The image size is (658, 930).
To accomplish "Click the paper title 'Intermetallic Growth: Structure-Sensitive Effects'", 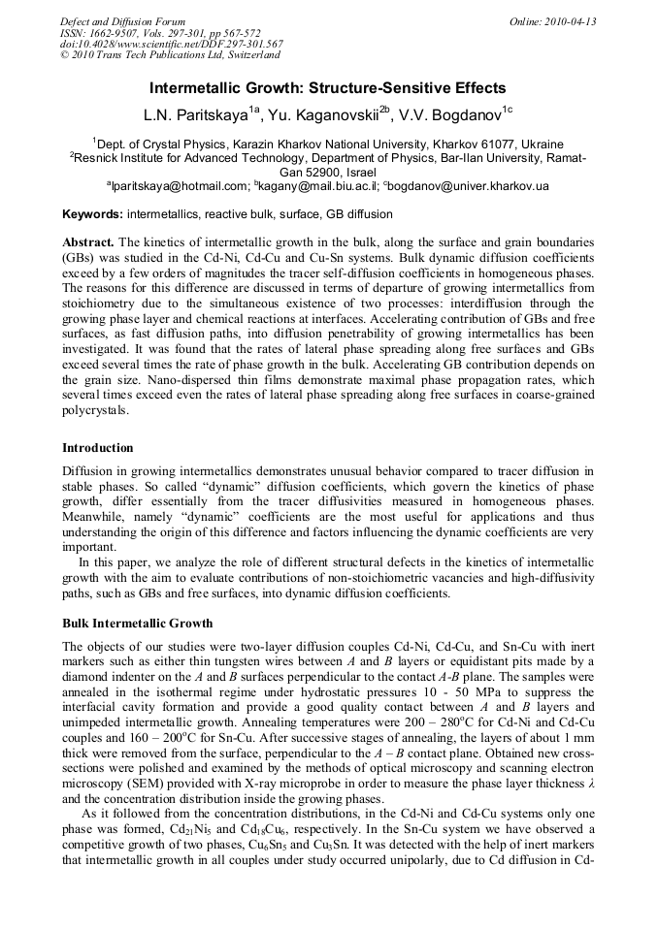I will (328, 87).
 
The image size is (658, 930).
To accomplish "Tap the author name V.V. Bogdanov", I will (458, 115).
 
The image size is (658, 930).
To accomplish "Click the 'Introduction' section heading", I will (97, 448).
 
